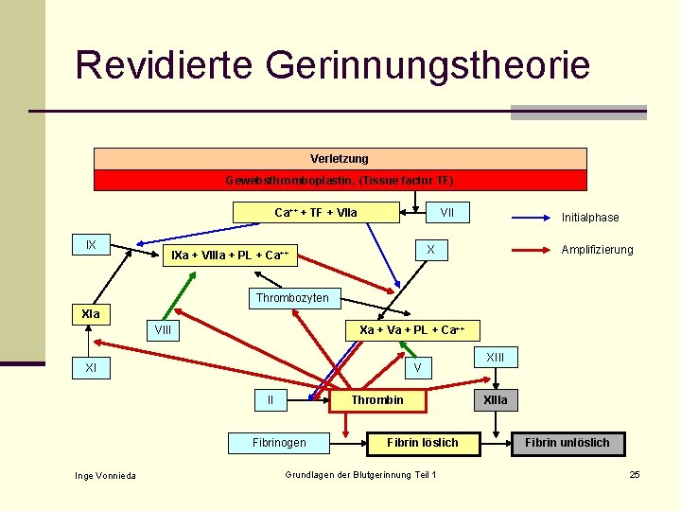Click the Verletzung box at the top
click(x=340, y=158)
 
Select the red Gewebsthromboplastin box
click(x=340, y=180)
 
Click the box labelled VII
click(x=446, y=212)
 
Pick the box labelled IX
click(x=91, y=245)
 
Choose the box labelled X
click(x=430, y=250)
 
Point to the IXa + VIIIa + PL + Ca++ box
click(x=230, y=255)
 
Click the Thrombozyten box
click(x=292, y=298)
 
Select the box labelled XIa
click(x=91, y=313)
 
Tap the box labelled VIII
click(x=163, y=330)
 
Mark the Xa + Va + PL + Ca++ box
click(x=410, y=329)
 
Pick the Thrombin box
click(x=377, y=400)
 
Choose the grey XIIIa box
click(x=496, y=400)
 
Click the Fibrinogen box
click(x=279, y=442)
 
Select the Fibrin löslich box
click(x=423, y=442)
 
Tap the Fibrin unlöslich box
click(x=567, y=442)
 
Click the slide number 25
click(x=635, y=474)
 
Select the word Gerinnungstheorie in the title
click(x=428, y=65)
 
